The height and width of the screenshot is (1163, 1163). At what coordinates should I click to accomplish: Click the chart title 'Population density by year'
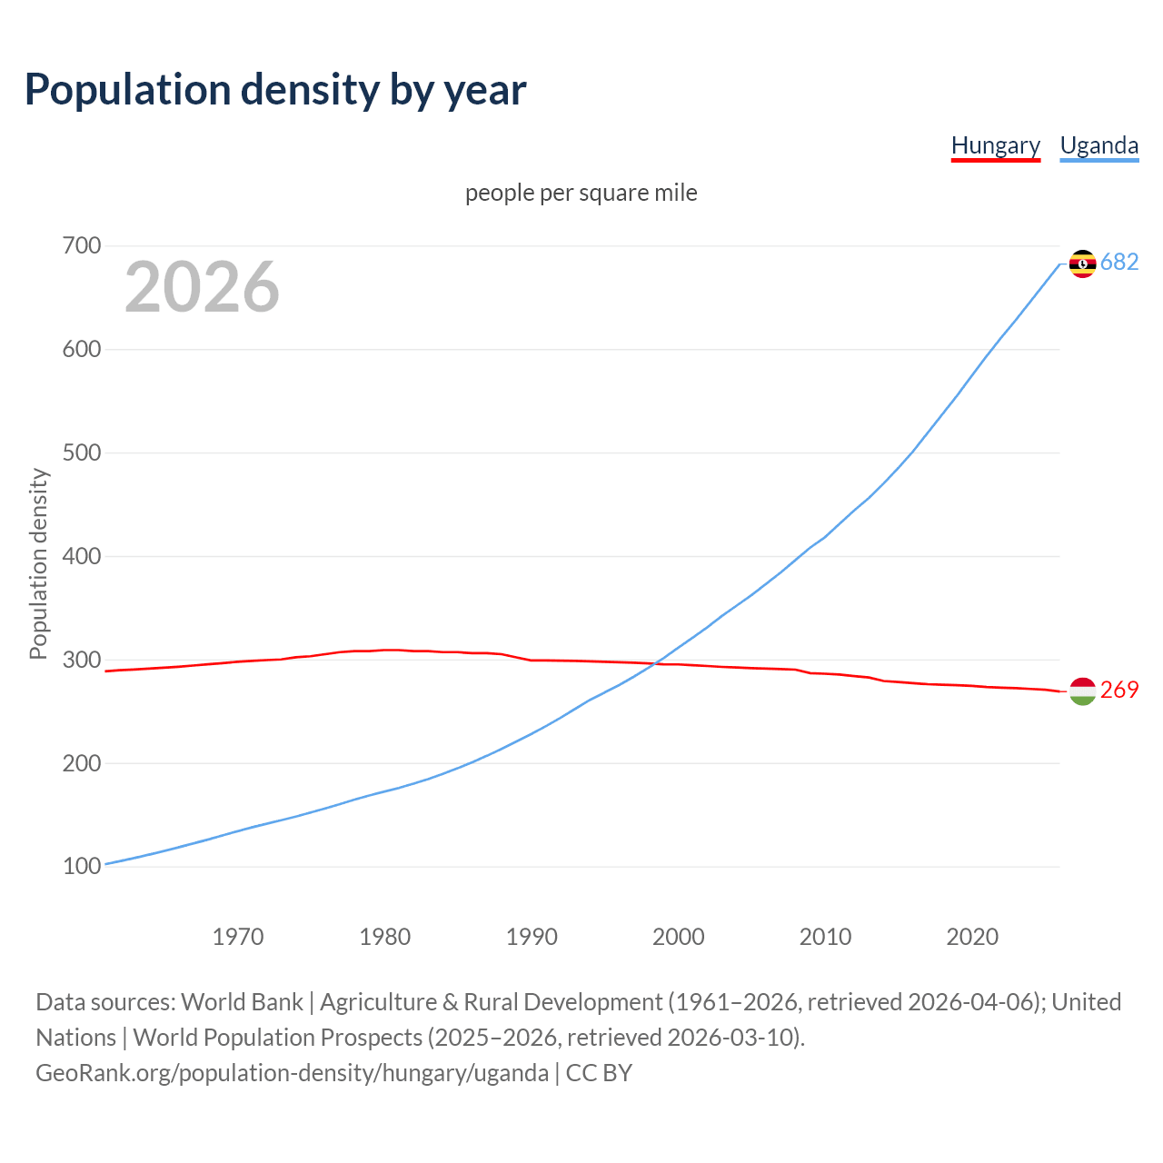click(275, 90)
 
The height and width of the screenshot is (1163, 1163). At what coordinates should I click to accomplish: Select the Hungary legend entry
click(995, 145)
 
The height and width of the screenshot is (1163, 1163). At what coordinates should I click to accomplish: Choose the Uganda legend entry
click(1098, 145)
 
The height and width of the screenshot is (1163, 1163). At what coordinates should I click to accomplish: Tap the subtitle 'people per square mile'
click(581, 193)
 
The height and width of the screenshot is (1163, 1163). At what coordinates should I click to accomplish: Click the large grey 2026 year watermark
click(202, 287)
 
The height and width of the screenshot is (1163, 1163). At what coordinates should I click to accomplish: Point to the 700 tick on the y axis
click(82, 246)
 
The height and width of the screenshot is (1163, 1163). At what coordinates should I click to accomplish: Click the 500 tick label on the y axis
click(82, 452)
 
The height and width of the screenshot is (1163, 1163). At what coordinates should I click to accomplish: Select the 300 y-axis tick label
click(82, 660)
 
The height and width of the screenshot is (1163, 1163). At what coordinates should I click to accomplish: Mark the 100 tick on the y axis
click(82, 867)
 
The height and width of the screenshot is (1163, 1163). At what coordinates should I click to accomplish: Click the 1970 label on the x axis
click(238, 937)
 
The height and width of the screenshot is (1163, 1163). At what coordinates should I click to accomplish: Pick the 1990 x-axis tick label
click(532, 937)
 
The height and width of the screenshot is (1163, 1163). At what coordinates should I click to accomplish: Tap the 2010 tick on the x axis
click(825, 937)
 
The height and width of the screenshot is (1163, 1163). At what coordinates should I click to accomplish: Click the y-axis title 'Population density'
click(38, 563)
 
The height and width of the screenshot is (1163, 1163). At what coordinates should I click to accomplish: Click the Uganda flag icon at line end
click(1082, 263)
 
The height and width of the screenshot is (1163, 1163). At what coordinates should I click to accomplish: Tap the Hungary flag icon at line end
click(1082, 691)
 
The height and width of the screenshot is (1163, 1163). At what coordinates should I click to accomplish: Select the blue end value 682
click(1119, 263)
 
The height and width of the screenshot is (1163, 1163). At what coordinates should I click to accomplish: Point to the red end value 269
click(1119, 691)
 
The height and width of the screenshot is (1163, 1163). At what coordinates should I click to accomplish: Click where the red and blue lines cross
click(656, 663)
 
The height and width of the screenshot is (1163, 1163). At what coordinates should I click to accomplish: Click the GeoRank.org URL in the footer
click(292, 1073)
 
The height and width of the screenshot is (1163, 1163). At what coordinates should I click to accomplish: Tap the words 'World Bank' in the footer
click(242, 1002)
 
